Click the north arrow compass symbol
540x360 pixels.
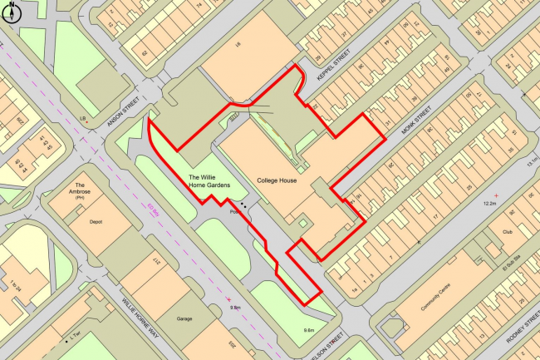[x=11, y=10]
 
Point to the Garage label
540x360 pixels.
[x=184, y=318]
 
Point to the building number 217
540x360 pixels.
[x=156, y=265]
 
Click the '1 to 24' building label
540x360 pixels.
[x=14, y=285]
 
